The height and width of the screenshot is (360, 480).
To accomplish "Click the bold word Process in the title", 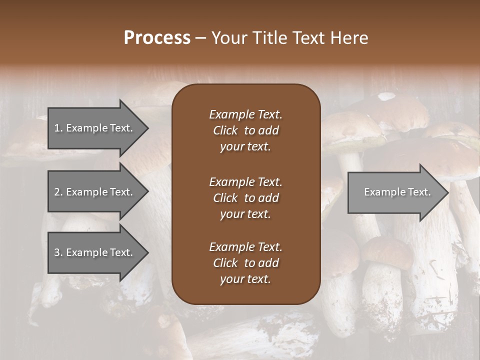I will (157, 38).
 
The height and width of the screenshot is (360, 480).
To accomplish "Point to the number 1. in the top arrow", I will (58, 128).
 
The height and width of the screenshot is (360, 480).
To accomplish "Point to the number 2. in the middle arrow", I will (58, 192).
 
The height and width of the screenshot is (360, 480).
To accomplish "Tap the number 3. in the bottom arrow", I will (58, 252).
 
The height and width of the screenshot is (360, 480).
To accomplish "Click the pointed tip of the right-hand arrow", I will (446, 192).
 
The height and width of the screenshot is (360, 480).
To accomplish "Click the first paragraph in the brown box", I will (245, 130).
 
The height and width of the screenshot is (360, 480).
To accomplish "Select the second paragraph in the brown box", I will (245, 198).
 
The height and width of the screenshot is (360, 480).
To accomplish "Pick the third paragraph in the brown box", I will (245, 263).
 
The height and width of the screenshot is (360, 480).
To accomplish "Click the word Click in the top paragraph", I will (225, 130).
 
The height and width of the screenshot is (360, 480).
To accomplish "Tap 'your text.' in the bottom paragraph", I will (245, 279).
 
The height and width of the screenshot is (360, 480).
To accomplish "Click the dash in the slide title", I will (201, 38).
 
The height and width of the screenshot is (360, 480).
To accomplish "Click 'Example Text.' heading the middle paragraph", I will (245, 182).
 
